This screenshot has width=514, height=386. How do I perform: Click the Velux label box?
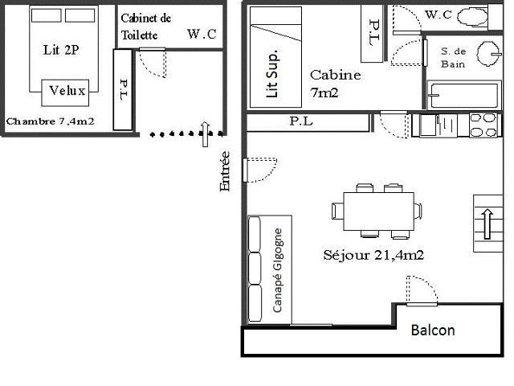(65, 92)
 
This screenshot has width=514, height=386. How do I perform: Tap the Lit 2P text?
(61, 50)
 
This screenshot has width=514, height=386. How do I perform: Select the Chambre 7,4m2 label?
(50, 121)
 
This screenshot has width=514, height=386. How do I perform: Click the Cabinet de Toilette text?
(145, 27)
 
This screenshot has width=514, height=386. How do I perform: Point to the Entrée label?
(225, 171)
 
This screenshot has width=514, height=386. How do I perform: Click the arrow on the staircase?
(487, 224)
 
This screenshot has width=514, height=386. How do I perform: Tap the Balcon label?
(433, 331)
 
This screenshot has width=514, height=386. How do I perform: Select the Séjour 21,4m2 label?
(373, 255)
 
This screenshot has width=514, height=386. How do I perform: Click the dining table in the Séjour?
(378, 211)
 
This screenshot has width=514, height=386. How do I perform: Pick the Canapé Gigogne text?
(277, 270)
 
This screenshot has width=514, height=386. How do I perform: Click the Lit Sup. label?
(272, 74)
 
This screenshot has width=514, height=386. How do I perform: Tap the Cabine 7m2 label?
(335, 84)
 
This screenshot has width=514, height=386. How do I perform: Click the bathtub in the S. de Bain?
(464, 96)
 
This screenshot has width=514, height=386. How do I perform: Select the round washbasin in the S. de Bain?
(488, 54)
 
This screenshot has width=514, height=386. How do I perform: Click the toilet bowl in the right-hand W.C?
(472, 17)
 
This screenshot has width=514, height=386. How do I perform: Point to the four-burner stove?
(483, 125)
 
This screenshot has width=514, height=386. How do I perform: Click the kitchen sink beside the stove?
(438, 125)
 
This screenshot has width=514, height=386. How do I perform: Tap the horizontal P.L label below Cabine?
(301, 121)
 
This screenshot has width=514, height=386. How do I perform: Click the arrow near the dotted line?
(206, 134)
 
